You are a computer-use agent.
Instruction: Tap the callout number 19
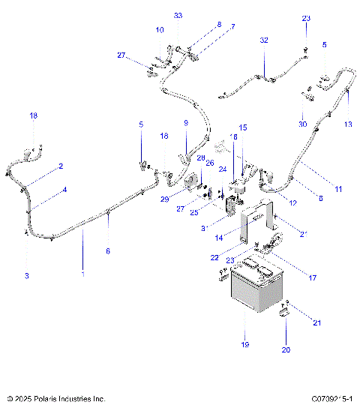pos(244,344)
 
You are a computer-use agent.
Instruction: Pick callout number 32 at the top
pos(264,40)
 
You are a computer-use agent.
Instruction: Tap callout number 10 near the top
pos(159,30)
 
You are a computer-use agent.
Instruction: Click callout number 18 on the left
pos(32,115)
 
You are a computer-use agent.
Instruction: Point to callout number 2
pos(61,166)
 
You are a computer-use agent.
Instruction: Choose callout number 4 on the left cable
pos(64,190)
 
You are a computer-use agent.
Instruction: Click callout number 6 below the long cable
pos(107,251)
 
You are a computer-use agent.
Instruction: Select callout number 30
pos(303,124)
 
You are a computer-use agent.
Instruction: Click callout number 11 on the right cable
pos(338,189)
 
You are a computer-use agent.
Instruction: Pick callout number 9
pos(185,122)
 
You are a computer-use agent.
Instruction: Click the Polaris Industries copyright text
pos(55,398)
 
